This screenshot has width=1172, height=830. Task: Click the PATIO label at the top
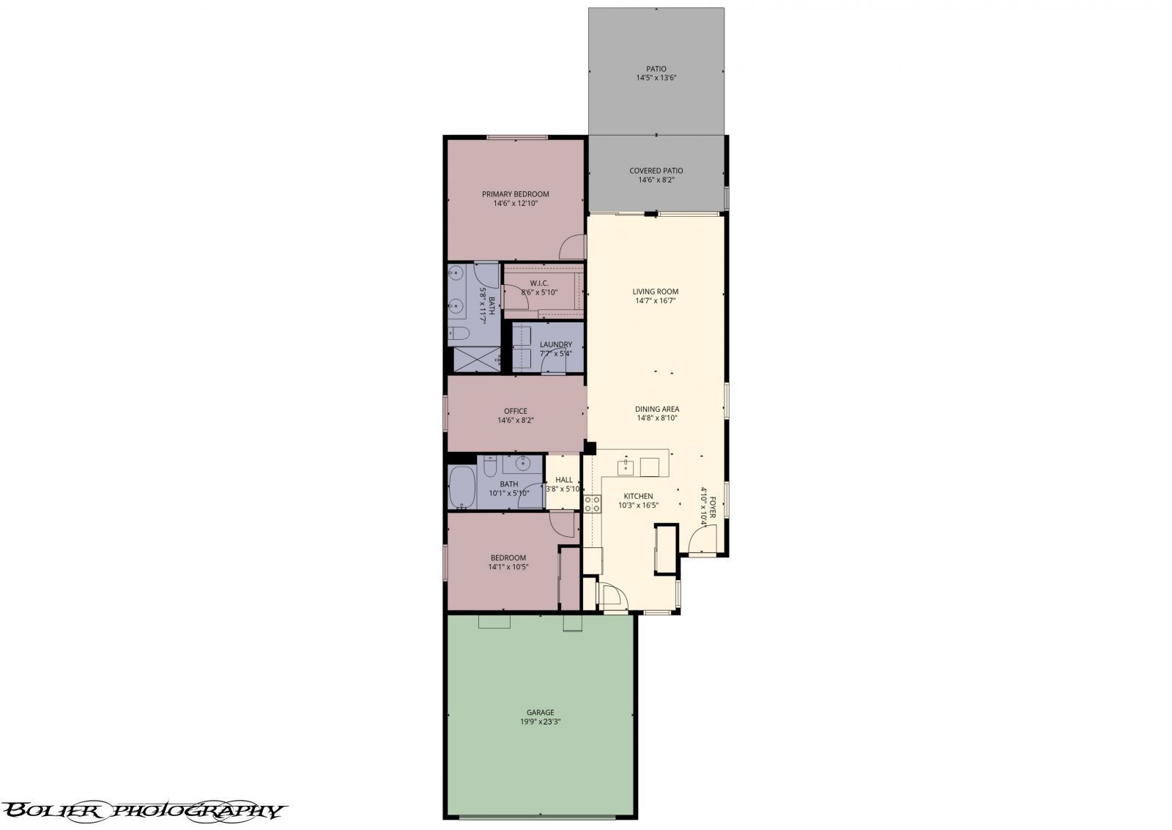(656, 69)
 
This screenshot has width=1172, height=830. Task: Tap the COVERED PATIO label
(656, 171)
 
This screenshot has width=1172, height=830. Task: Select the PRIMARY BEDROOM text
(516, 194)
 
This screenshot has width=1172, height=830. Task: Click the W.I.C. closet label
(539, 283)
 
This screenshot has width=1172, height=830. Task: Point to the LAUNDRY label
(556, 344)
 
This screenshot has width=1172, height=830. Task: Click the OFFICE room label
(516, 411)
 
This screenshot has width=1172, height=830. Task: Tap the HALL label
(563, 480)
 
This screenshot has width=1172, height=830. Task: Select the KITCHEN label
(638, 496)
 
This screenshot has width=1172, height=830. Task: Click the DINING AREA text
(656, 410)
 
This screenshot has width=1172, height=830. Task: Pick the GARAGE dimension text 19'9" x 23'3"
(540, 722)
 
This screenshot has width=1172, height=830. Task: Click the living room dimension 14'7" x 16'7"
(655, 301)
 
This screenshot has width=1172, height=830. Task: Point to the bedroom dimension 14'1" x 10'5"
(508, 567)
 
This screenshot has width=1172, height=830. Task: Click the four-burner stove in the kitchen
(593, 503)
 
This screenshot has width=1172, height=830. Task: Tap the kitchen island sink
(626, 467)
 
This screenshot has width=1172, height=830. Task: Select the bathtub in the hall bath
(462, 487)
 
